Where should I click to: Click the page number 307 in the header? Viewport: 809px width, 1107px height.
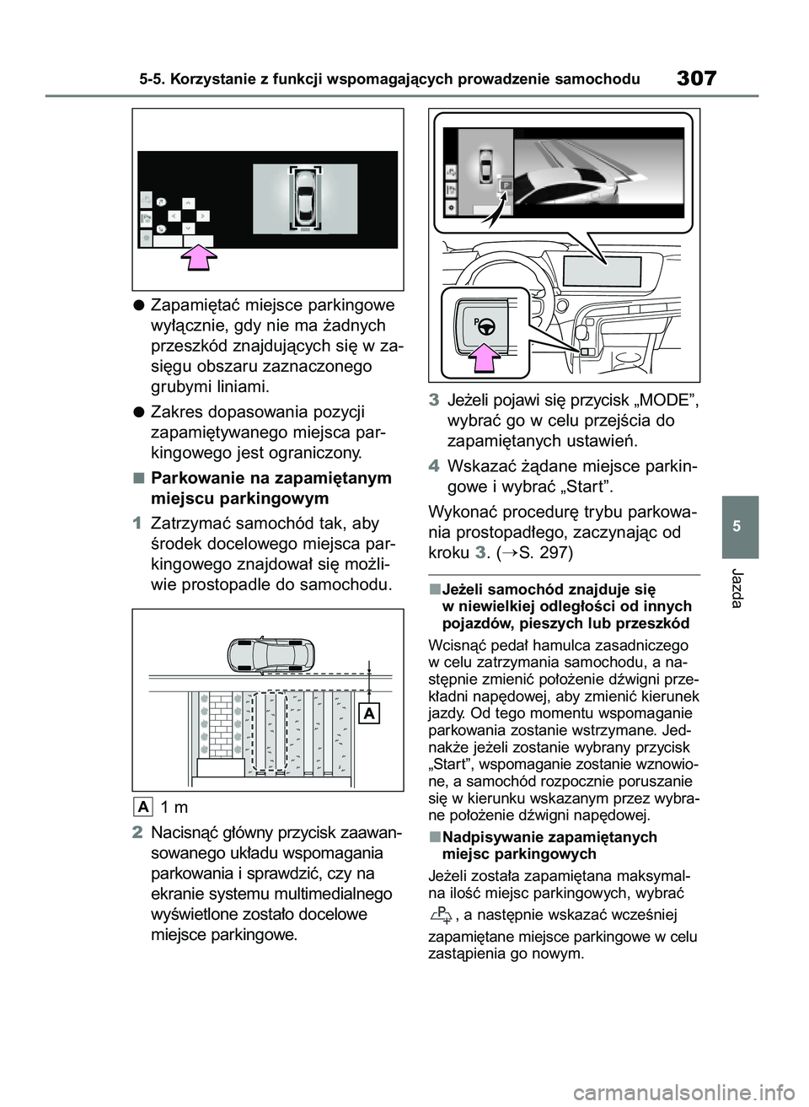coord(695,79)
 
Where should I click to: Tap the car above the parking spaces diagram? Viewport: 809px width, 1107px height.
coord(271,653)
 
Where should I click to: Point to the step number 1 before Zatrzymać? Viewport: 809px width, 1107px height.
coord(137,522)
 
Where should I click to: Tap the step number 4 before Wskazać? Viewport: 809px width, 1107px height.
coord(433,466)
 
